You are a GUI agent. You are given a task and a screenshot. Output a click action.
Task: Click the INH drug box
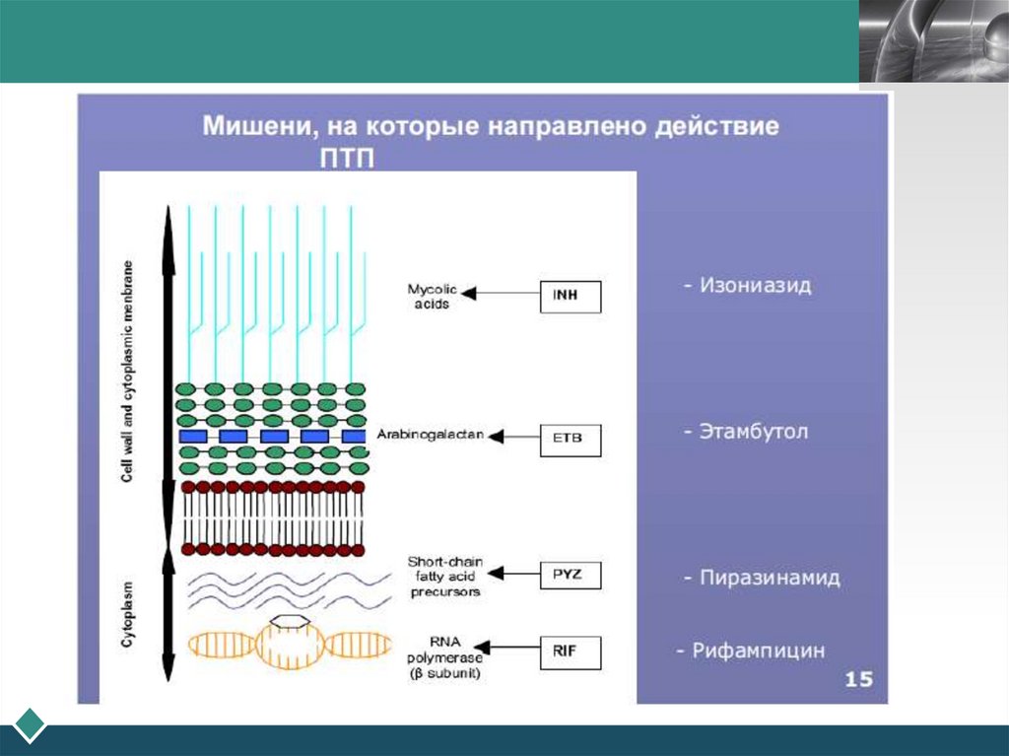[x=571, y=297]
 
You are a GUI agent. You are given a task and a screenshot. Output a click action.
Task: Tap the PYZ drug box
[x=571, y=574]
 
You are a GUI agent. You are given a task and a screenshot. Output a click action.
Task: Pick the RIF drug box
[x=571, y=652]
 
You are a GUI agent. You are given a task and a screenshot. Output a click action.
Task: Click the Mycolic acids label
[x=429, y=297]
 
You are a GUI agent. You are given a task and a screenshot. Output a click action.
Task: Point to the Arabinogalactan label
[x=430, y=435]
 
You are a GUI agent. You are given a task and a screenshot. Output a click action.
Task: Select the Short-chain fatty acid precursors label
[x=443, y=577]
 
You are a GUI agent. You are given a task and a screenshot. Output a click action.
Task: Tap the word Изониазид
[x=755, y=286]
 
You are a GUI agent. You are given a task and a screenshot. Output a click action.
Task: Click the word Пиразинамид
[x=769, y=578]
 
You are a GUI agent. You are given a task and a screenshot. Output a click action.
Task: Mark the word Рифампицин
[x=758, y=651]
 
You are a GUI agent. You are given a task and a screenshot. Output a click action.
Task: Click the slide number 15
[x=858, y=679]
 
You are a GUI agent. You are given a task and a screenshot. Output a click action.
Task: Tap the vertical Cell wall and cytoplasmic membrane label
[x=126, y=370]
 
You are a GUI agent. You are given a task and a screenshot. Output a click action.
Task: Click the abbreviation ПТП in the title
[x=347, y=159]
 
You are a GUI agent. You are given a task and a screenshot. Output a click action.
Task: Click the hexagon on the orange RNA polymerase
[x=290, y=621]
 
